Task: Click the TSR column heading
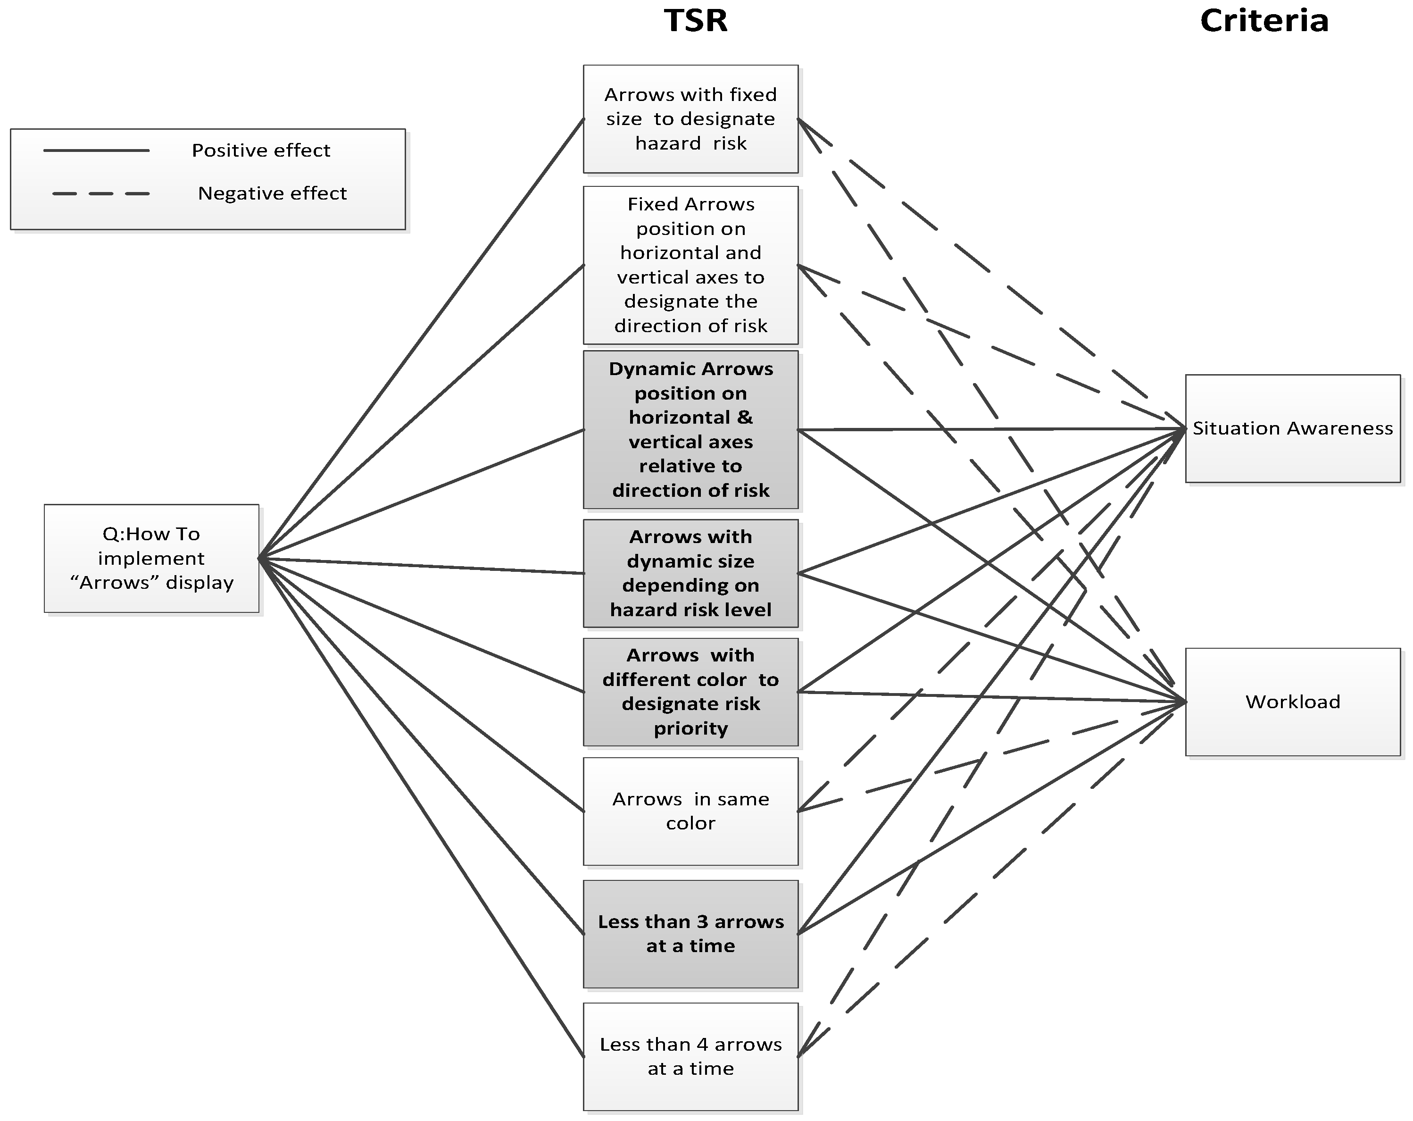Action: click(x=695, y=20)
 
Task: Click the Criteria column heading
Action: click(x=1263, y=20)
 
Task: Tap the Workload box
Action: click(x=1292, y=702)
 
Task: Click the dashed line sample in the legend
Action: click(x=100, y=194)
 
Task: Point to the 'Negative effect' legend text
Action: click(x=272, y=194)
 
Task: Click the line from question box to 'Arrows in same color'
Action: click(x=423, y=686)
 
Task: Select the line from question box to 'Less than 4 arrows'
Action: click(x=423, y=808)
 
